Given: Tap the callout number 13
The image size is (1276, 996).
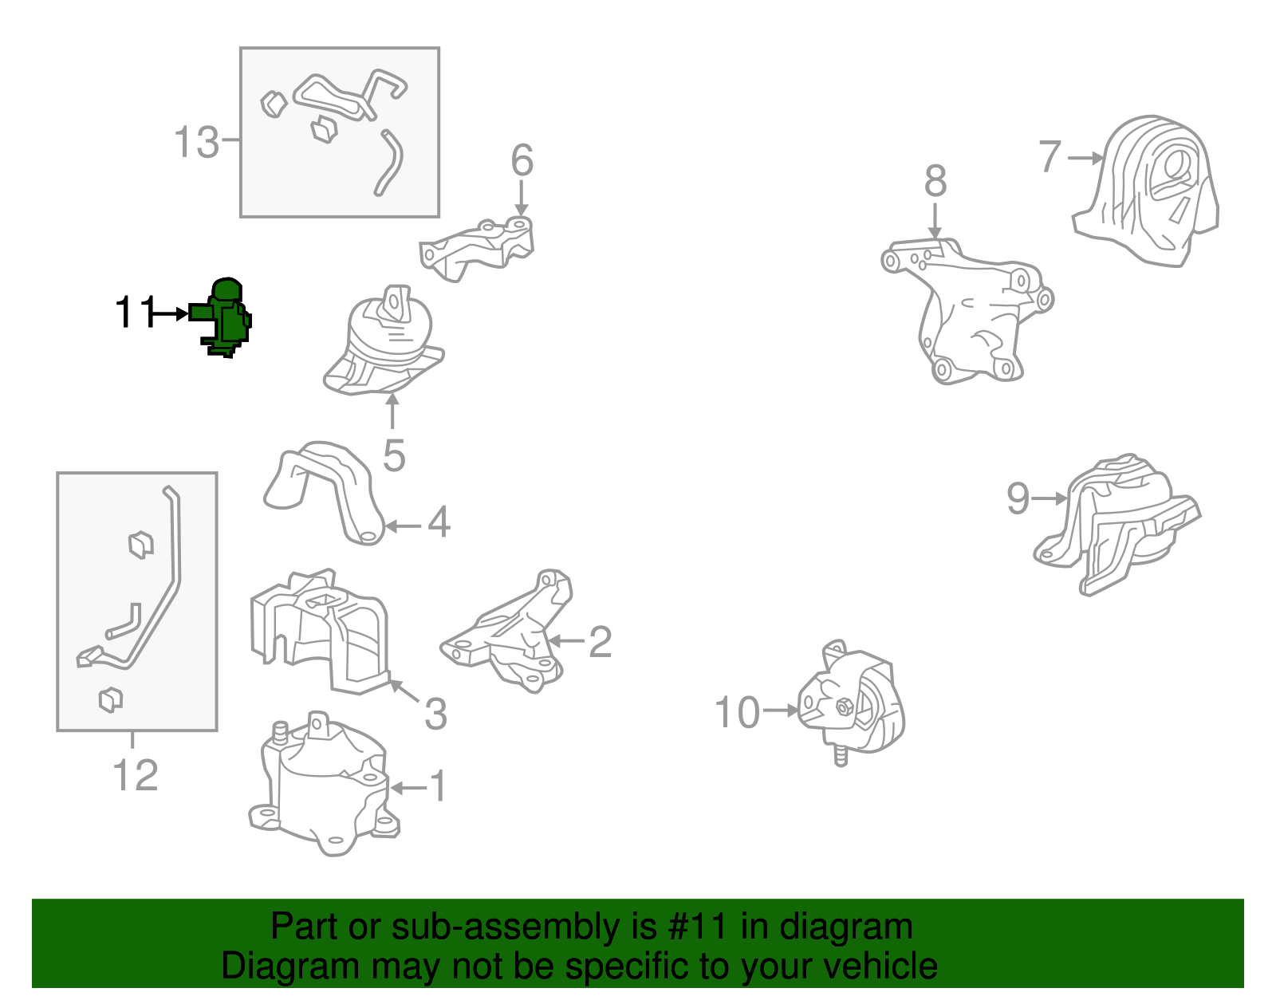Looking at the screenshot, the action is (x=197, y=142).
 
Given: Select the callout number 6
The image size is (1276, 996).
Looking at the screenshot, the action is (x=522, y=159).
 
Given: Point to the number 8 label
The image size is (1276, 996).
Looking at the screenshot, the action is (x=935, y=181).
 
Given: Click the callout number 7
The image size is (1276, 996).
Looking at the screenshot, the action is (x=1050, y=156).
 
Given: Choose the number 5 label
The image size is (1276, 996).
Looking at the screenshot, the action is (x=394, y=455).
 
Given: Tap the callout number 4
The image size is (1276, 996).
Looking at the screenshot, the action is (x=439, y=522).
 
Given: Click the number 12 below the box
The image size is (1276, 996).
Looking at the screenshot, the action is (x=135, y=775).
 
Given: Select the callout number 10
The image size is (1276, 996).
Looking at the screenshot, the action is (x=738, y=713).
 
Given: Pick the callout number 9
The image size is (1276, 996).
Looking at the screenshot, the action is (x=1018, y=498).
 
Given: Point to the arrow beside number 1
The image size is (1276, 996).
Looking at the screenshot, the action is (x=408, y=788).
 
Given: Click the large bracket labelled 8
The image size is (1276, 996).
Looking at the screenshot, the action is (x=967, y=311).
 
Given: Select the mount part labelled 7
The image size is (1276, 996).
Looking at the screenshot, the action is (x=1145, y=191).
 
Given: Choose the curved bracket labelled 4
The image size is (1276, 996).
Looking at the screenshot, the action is (x=324, y=493).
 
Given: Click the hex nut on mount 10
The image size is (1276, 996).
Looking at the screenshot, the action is (x=843, y=708).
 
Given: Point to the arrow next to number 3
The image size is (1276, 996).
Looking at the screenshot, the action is (x=404, y=691).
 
